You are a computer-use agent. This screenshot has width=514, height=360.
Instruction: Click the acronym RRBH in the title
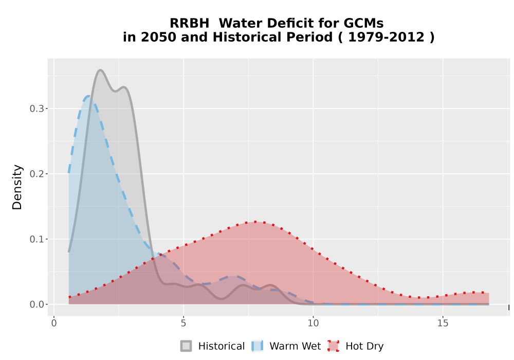click(x=189, y=23)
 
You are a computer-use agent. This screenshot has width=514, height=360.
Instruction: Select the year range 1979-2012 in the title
click(x=386, y=37)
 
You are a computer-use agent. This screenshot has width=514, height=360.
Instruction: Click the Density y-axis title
click(x=17, y=187)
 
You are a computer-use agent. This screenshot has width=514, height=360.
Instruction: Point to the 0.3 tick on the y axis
click(x=37, y=109)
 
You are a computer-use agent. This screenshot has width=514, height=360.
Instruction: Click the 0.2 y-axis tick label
click(x=37, y=174)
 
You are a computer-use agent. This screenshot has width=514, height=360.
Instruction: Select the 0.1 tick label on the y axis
click(x=37, y=239)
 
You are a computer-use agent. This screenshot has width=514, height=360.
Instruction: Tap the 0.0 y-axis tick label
click(x=37, y=304)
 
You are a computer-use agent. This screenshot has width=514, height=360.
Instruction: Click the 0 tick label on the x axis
click(x=54, y=323)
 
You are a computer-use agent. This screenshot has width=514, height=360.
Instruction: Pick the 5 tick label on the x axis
click(x=183, y=323)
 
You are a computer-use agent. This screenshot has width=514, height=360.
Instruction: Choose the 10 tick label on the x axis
click(x=313, y=323)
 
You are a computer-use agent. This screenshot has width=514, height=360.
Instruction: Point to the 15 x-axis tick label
click(x=443, y=323)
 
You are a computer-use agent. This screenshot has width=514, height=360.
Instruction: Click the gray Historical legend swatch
click(x=186, y=346)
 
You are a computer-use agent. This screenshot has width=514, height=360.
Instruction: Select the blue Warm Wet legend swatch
click(x=258, y=346)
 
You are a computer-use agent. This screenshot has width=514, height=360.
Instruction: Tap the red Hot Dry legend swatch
click(x=334, y=346)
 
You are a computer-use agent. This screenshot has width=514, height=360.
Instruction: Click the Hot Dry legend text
click(x=364, y=346)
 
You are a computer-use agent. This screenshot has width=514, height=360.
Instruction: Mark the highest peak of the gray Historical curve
click(x=100, y=70)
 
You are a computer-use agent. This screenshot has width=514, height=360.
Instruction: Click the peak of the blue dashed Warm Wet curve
click(x=88, y=96)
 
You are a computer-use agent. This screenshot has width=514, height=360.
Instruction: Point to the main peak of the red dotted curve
click(x=255, y=222)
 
